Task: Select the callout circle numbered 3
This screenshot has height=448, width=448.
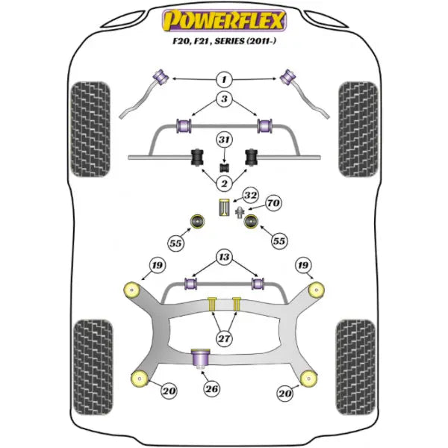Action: click(224, 99)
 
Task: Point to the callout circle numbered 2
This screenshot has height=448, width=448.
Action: click(224, 182)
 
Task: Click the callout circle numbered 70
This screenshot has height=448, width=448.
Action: click(273, 202)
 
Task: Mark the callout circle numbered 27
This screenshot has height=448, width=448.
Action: click(224, 337)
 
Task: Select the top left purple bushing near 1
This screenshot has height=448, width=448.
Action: click(159, 76)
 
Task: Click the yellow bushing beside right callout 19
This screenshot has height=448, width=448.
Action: click(317, 288)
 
